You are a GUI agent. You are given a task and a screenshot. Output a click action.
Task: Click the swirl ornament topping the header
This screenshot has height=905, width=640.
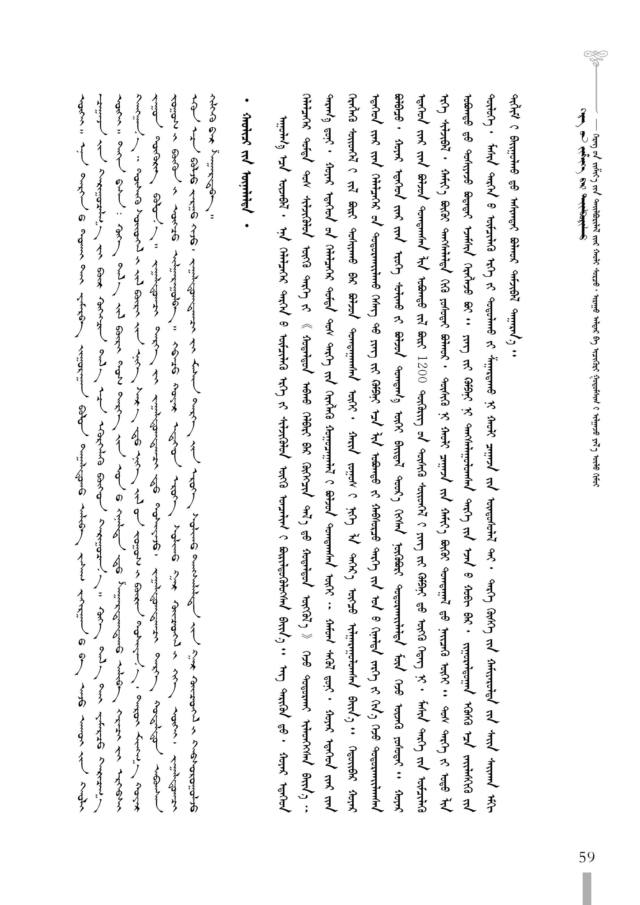point(592,57)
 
